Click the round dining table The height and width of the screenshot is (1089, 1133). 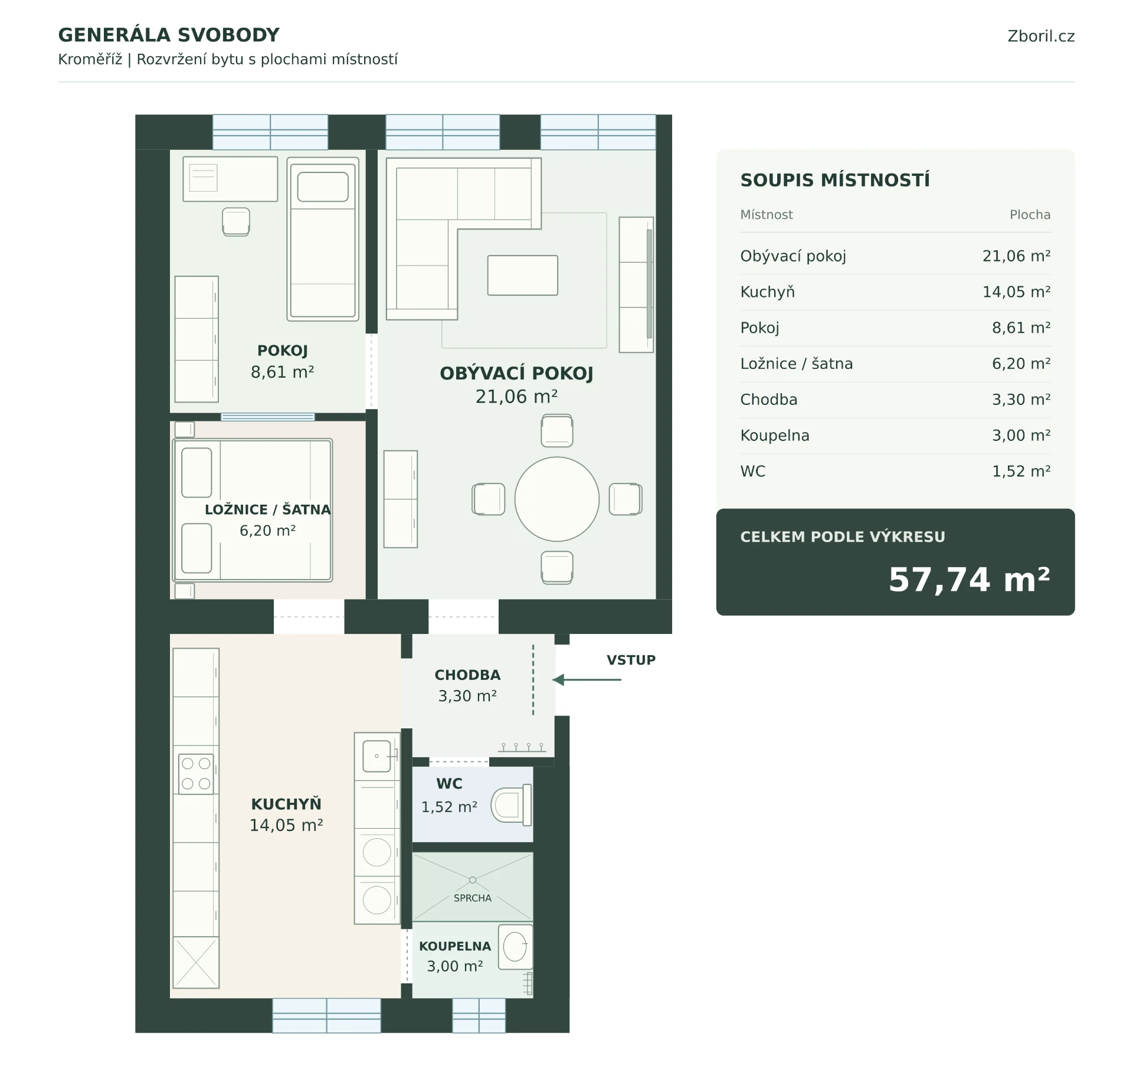[556, 499]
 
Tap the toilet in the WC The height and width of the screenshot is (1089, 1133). [511, 805]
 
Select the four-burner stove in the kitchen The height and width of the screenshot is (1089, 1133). [196, 773]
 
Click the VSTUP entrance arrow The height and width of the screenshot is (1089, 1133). [587, 680]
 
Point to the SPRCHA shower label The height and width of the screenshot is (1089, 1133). [472, 898]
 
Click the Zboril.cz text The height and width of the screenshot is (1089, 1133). [1041, 36]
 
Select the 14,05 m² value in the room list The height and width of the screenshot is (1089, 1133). [1016, 292]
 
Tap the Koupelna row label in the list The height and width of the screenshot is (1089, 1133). [775, 435]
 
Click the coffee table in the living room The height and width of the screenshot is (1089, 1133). [522, 275]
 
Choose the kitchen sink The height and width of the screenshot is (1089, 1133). [377, 756]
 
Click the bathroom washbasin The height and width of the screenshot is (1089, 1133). [515, 947]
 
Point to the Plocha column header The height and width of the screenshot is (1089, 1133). [1030, 215]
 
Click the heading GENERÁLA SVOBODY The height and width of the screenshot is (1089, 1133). [169, 35]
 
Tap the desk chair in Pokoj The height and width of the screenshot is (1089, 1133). [236, 222]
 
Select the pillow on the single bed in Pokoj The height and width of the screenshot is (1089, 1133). [323, 187]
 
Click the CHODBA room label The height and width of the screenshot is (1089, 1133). [467, 675]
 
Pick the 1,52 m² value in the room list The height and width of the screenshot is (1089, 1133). [1021, 471]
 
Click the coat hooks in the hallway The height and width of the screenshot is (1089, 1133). [522, 747]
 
